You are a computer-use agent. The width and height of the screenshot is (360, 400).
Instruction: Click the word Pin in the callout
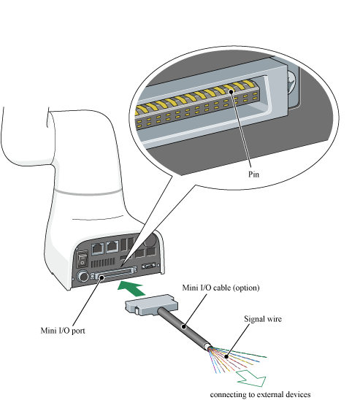pos(253,174)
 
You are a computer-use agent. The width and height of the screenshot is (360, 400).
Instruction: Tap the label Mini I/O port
pos(63,331)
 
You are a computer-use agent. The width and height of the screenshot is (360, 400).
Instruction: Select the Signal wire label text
pos(263,319)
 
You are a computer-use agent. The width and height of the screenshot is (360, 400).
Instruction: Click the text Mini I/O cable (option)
pos(221,288)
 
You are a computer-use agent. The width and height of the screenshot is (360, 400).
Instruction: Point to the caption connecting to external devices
pos(260,394)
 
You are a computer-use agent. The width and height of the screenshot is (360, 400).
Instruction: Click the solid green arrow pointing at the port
pos(131,288)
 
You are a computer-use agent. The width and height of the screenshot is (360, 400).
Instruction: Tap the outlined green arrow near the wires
pos(252,379)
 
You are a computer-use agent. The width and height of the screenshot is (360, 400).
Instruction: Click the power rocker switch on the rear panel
pos(83,258)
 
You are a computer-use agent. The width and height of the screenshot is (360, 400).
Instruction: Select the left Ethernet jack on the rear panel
pos(98,248)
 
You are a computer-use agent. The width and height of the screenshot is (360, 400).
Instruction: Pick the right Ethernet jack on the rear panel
pos(112,247)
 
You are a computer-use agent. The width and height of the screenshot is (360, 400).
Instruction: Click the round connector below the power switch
pos(83,277)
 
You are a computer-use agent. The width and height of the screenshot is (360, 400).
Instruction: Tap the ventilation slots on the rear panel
pos(102,263)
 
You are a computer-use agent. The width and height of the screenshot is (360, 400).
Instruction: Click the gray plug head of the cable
pos(152,305)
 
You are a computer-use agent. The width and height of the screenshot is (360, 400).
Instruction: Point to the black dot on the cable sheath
pos(183,327)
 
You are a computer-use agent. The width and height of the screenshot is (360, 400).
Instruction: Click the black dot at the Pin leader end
pos(231,91)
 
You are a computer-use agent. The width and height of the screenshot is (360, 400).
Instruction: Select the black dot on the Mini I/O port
pos(102,277)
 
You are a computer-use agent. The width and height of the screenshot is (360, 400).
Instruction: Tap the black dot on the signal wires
pos(226,356)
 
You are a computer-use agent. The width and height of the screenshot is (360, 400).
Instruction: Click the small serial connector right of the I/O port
pos(148,266)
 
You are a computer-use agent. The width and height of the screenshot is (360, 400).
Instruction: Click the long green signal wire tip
pos(266,357)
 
